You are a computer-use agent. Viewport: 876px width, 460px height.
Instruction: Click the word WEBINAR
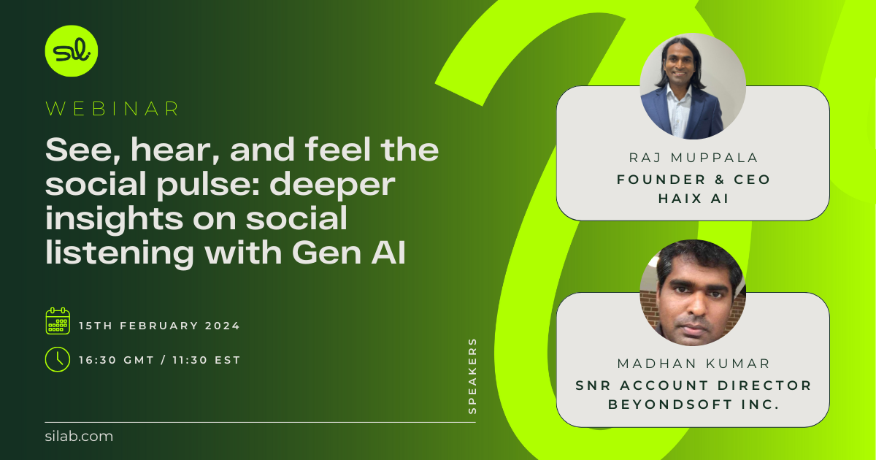(113, 109)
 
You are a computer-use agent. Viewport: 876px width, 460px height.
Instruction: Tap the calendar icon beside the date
(58, 321)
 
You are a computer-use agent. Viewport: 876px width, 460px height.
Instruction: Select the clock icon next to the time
(58, 359)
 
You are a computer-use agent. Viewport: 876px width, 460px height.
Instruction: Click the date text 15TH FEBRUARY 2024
(159, 326)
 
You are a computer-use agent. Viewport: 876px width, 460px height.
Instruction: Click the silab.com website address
(79, 437)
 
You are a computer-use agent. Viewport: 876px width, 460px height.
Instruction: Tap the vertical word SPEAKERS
(472, 375)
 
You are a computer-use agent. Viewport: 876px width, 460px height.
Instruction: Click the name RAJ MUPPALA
(692, 158)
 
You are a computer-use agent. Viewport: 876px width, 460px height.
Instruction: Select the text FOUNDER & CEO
(692, 179)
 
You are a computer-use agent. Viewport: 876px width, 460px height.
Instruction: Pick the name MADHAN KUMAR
(692, 364)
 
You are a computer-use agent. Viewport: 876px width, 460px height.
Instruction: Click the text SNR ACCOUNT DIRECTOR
(692, 385)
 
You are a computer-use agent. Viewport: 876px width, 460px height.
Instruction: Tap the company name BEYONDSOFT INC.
(692, 403)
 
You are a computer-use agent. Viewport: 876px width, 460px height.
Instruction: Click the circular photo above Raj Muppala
(693, 86)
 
